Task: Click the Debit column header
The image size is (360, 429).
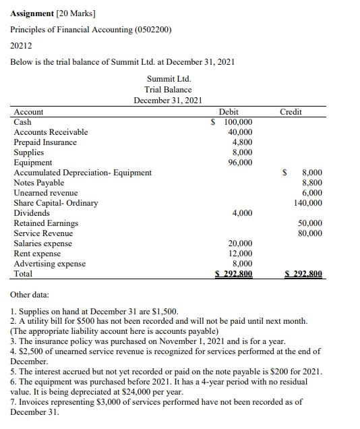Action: click(x=229, y=112)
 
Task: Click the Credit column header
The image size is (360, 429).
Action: click(x=291, y=112)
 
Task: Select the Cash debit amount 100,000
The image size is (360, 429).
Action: click(x=237, y=122)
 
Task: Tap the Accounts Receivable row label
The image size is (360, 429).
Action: click(x=51, y=132)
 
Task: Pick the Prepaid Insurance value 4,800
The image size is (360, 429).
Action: click(x=242, y=142)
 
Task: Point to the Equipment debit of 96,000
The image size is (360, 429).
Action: click(x=241, y=163)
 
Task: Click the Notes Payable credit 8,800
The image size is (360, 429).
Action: click(x=311, y=183)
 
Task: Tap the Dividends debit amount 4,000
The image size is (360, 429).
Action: click(x=242, y=213)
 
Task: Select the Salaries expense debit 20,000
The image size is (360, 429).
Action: click(x=241, y=244)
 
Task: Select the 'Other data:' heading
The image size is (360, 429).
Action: click(x=30, y=295)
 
